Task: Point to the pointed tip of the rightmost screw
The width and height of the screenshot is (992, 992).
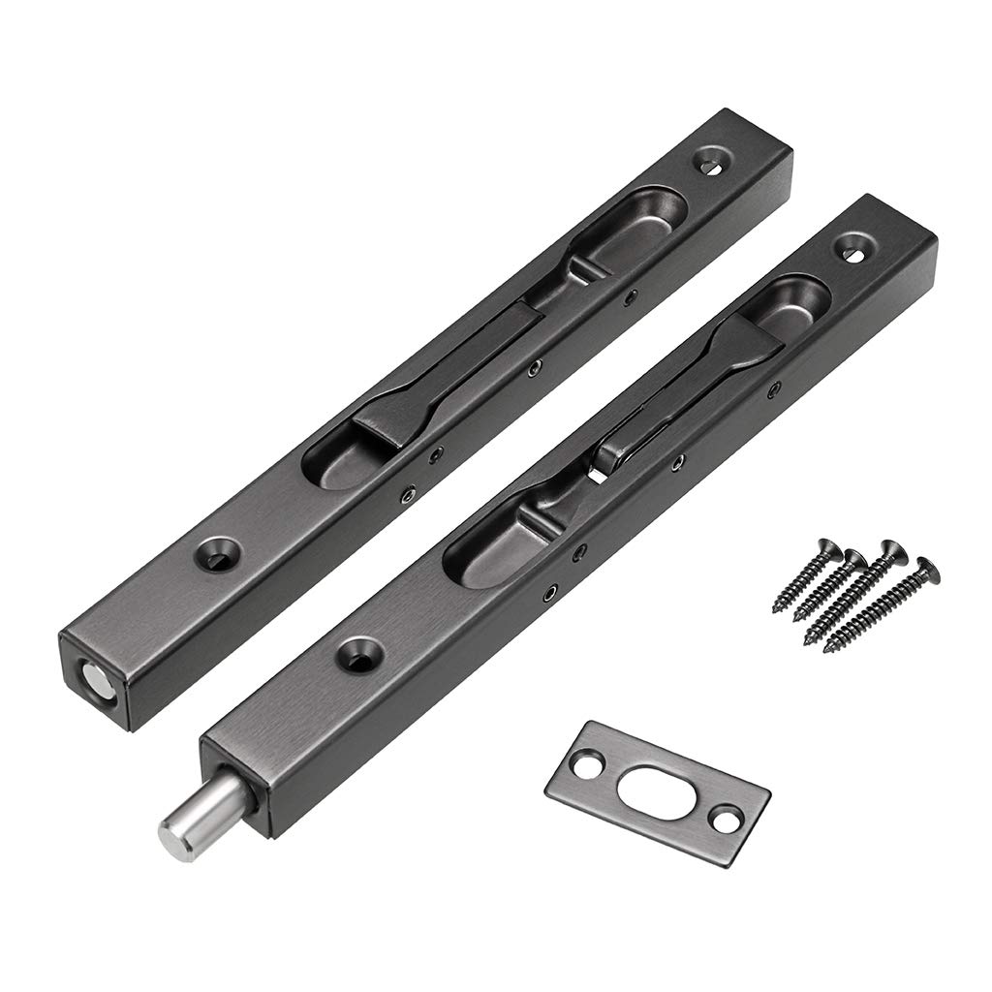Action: [827, 649]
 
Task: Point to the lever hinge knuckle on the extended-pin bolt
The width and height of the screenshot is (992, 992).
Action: [620, 447]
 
